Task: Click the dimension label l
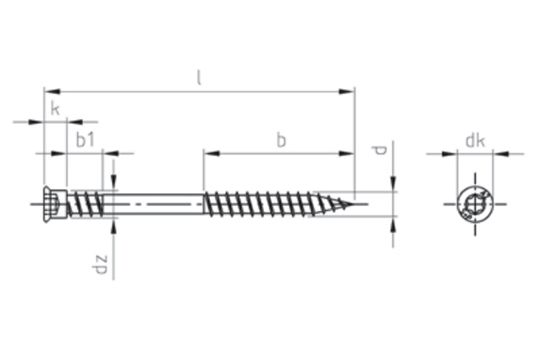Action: [198, 77]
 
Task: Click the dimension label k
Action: [55, 109]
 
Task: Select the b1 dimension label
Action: [85, 140]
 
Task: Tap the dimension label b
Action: [281, 141]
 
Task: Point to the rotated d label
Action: [379, 151]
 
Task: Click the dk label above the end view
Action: [475, 141]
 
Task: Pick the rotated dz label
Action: [100, 264]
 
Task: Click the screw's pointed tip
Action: [354, 204]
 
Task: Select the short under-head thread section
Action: [86, 204]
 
